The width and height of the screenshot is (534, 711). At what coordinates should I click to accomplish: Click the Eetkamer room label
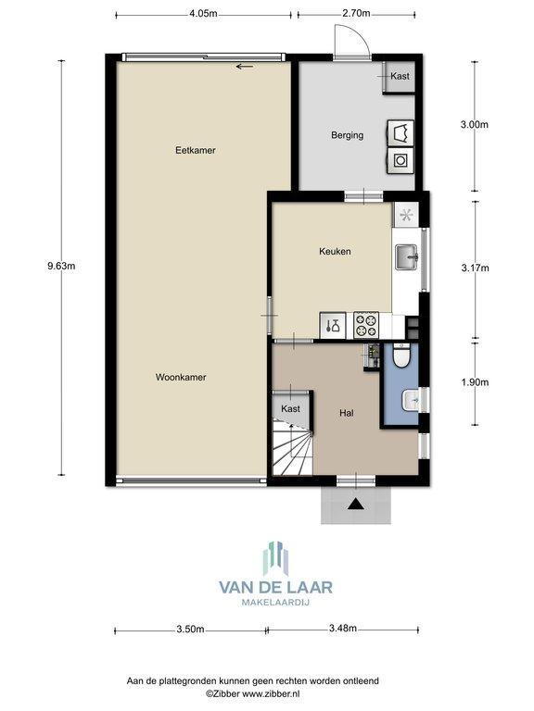[196, 150]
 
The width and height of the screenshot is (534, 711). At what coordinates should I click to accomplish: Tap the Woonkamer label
[181, 377]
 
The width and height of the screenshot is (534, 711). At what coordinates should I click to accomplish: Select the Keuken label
[335, 251]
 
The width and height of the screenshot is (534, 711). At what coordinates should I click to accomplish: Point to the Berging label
[347, 135]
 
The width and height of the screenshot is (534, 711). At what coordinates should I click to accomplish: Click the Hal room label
[347, 413]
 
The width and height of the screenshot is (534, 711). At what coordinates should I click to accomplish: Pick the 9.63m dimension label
[61, 267]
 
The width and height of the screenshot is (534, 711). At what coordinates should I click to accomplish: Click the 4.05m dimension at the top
[203, 13]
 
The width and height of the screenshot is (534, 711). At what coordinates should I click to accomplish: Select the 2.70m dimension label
[356, 13]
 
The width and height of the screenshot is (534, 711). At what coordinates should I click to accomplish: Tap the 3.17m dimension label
[475, 268]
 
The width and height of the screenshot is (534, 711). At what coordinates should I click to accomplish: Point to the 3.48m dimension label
[342, 629]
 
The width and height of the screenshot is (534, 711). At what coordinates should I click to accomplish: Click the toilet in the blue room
[401, 355]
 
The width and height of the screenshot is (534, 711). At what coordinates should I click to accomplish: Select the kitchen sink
[406, 257]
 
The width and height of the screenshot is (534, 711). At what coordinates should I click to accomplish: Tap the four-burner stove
[366, 325]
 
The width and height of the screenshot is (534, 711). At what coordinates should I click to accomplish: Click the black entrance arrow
[356, 504]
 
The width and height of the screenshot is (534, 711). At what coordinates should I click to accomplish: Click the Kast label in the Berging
[400, 76]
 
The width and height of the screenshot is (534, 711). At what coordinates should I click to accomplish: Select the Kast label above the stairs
[290, 409]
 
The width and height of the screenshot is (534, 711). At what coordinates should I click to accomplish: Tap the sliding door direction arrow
[245, 67]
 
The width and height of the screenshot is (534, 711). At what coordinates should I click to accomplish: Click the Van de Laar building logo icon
[275, 558]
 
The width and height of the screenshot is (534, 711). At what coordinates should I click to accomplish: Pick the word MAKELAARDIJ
[275, 603]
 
